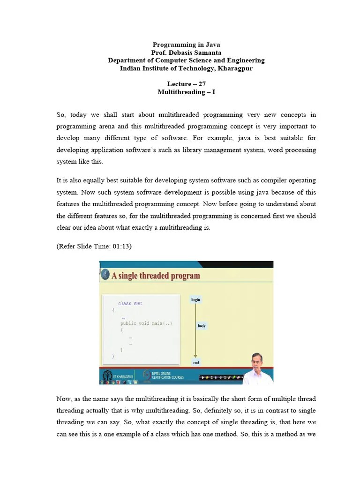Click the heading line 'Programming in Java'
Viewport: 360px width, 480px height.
(186, 45)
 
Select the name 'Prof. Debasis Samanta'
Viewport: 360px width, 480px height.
(186, 52)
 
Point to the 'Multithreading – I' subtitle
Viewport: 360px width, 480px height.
(186, 92)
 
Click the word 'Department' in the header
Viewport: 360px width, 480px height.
(125, 60)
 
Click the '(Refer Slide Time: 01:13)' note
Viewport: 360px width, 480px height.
(94, 246)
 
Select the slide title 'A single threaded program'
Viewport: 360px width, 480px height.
(156, 276)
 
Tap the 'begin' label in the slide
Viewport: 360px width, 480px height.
(195, 299)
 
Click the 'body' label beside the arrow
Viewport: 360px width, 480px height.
(201, 326)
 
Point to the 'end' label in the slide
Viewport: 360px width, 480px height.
(195, 362)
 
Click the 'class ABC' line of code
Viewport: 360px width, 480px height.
(130, 304)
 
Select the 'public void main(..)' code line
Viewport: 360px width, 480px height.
(146, 323)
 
